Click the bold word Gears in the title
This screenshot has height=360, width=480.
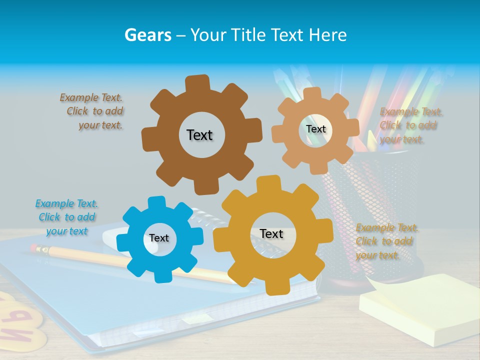[148, 35]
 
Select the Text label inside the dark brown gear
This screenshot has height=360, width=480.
[199, 135]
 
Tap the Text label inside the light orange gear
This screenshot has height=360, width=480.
[316, 129]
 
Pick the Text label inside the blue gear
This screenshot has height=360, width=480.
[159, 238]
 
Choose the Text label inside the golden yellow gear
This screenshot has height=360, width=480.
[271, 234]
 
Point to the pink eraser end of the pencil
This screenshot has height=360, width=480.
[34, 247]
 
